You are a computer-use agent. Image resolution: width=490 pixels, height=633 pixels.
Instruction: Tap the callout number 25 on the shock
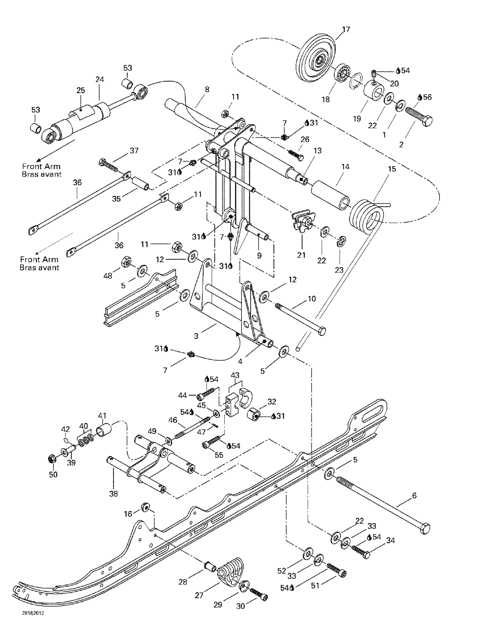[x=81, y=90]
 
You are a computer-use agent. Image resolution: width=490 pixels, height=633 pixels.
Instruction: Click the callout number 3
[x=196, y=336]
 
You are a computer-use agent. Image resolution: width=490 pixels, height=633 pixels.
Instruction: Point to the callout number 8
[x=207, y=90]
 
